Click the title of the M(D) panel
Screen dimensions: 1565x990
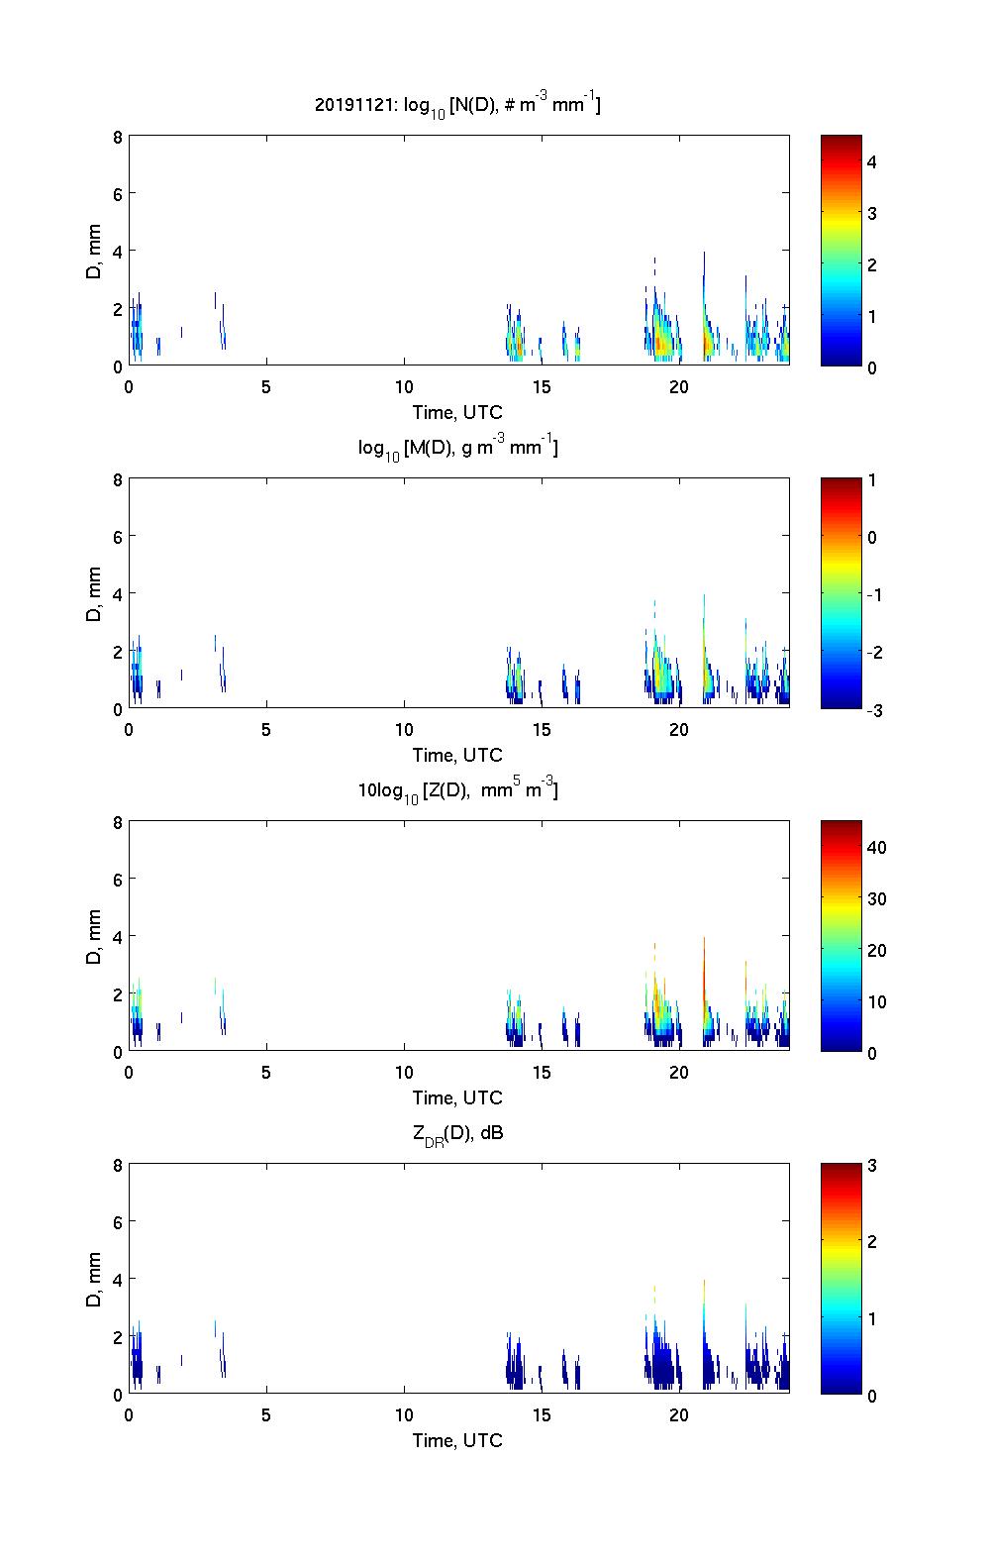click(x=457, y=448)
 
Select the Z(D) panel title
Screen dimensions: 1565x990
click(x=457, y=790)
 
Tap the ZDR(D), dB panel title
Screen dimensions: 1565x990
click(x=457, y=1133)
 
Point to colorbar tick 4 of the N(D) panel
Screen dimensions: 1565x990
click(x=872, y=161)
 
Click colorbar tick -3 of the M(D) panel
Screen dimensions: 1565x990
click(x=873, y=709)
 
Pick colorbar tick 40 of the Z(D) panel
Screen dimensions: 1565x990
click(x=876, y=847)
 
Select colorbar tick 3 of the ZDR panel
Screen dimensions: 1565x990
click(x=872, y=1166)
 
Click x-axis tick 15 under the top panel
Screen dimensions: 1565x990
click(x=542, y=387)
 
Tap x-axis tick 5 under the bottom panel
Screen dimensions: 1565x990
click(x=266, y=1415)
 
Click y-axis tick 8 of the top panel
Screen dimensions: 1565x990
click(x=117, y=137)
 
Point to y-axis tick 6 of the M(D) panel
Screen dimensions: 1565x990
click(x=117, y=536)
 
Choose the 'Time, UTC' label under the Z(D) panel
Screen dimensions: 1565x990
click(x=457, y=1097)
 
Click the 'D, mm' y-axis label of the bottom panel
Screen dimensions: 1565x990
click(x=94, y=1279)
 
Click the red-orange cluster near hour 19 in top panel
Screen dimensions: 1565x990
click(x=660, y=342)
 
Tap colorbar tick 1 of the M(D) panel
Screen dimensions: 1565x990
click(x=872, y=480)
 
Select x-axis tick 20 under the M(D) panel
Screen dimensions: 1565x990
click(x=679, y=730)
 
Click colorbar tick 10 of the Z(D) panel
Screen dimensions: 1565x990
click(x=876, y=1001)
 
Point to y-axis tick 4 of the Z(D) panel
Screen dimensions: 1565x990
click(x=117, y=936)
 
